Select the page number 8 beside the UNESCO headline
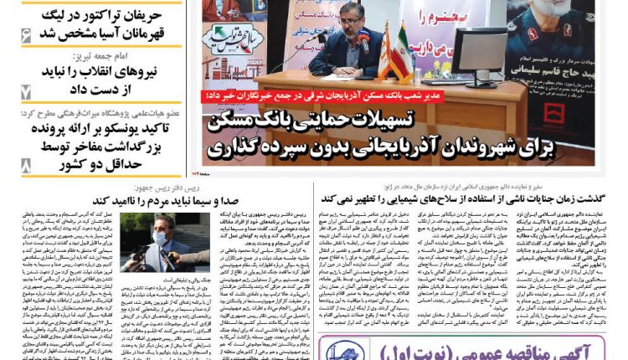[26, 164]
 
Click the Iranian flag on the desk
[399, 52]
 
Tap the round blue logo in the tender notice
[344, 351]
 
